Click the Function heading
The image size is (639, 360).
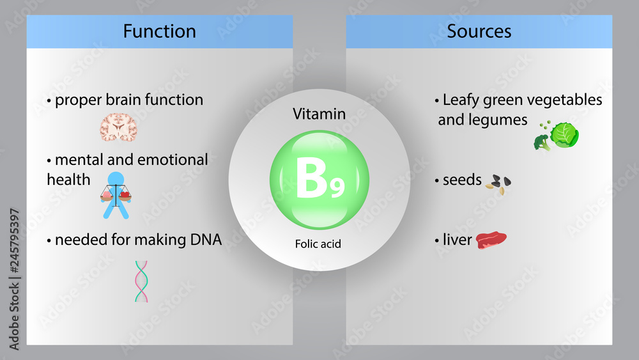[159, 31]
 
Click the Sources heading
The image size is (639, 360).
[479, 31]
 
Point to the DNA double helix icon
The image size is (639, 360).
[141, 281]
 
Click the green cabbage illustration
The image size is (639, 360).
[565, 135]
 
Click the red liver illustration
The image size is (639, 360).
[491, 240]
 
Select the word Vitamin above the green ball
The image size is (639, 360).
[319, 114]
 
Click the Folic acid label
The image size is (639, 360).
[319, 244]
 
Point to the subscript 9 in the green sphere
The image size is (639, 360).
[337, 187]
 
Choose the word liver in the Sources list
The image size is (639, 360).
[458, 240]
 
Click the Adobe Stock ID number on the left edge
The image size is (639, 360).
[14, 278]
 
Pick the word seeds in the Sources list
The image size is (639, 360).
[462, 180]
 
